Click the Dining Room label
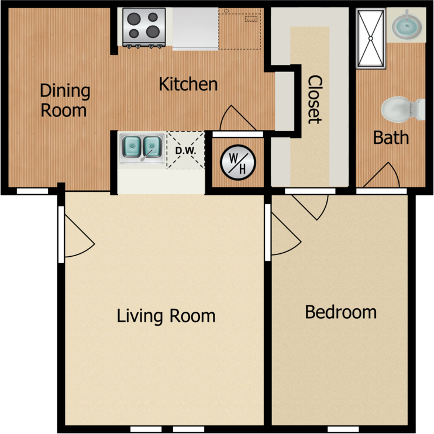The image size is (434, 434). point(64,100)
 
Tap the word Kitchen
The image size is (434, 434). point(188,84)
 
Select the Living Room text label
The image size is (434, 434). point(166,316)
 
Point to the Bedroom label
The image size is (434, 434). point(340,312)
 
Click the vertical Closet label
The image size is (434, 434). point(315,99)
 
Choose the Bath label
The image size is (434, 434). point(391,138)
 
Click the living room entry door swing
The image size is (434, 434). point(77,237)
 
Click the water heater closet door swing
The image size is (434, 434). point(235,119)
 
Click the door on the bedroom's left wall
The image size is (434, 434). point(283,236)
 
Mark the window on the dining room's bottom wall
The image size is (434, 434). point(32,191)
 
